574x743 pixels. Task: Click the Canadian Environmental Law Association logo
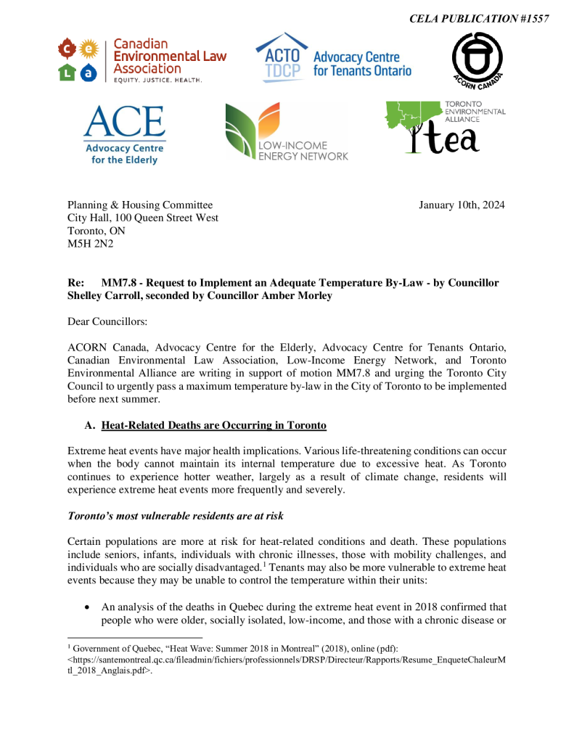click(x=142, y=60)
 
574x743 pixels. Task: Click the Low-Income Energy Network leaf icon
click(x=251, y=131)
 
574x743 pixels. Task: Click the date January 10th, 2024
click(x=462, y=205)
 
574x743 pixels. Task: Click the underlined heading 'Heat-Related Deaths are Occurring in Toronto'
click(x=214, y=425)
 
